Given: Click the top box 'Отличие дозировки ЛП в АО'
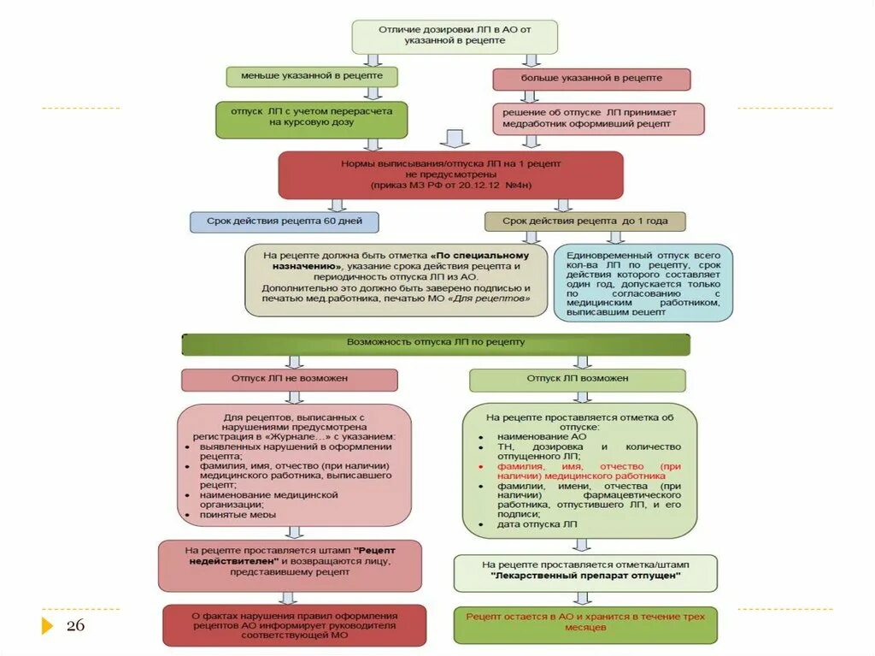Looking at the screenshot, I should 455,35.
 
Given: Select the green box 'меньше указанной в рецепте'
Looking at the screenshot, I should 311,76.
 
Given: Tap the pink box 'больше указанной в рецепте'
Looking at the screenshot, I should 591,79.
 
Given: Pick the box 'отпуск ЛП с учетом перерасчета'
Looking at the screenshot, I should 311,118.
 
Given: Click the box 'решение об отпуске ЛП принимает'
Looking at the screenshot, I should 598,118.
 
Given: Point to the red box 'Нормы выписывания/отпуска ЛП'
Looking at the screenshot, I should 450,174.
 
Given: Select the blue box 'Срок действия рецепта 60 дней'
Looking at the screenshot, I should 284,222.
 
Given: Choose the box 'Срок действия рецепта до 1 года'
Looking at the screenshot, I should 584,222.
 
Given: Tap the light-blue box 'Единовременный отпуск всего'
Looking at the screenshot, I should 643,283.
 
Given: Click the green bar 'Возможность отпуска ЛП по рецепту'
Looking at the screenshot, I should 436,343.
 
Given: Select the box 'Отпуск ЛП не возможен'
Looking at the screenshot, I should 289,379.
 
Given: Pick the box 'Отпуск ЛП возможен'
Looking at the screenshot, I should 577,379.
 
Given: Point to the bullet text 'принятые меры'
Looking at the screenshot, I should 238,515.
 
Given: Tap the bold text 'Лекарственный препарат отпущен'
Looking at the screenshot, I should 586,576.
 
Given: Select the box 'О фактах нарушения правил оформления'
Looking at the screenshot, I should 294,625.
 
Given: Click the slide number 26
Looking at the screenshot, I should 76,626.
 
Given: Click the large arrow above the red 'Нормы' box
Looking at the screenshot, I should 455,139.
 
